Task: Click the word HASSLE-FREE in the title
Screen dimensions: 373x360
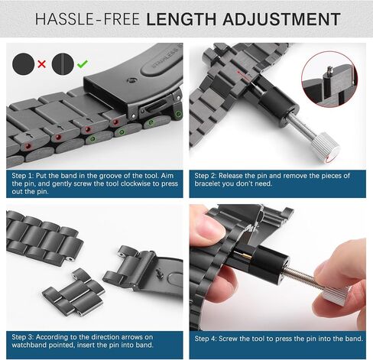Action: [87, 19]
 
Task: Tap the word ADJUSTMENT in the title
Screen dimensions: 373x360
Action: [281, 19]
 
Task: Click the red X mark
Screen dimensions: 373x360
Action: [42, 63]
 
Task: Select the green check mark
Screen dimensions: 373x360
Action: [83, 63]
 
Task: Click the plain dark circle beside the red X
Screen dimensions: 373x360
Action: [24, 63]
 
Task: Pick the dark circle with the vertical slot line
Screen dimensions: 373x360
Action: [63, 63]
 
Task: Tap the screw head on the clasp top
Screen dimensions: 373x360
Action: [131, 81]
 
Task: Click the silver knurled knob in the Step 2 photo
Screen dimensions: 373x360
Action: [324, 148]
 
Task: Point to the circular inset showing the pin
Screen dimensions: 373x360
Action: [329, 79]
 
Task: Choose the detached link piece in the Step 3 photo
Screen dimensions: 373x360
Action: [73, 292]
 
